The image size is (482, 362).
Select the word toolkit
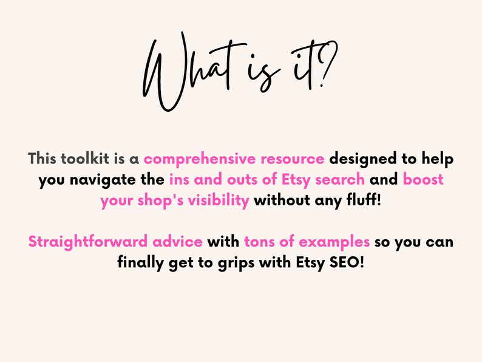(86, 160)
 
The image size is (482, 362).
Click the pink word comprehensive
(199, 160)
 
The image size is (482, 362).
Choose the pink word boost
(423, 180)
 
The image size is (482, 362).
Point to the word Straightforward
(83, 242)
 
